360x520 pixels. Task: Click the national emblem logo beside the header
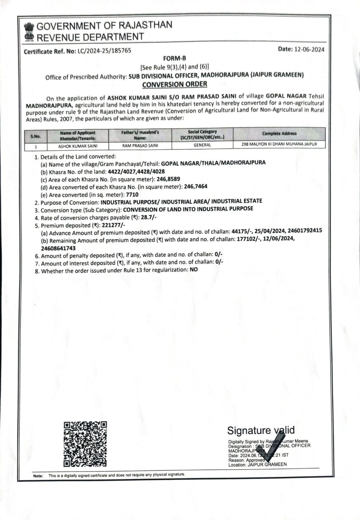point(29,32)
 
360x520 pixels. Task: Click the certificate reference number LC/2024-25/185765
point(104,51)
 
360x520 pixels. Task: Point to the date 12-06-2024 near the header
point(309,49)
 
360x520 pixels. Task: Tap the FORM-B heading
point(174,58)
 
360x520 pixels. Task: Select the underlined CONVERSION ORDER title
point(174,84)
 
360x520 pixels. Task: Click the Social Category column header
point(202,135)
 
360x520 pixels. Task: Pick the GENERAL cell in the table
point(202,145)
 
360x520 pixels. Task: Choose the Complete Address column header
point(279,134)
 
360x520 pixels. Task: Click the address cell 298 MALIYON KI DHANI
point(279,144)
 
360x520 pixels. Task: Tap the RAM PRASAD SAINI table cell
point(140,146)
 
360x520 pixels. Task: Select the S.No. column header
point(36,136)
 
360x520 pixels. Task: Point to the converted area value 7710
point(132,195)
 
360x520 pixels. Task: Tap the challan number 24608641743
point(58,248)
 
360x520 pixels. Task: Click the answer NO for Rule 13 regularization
point(194,270)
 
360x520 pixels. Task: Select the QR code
point(85,444)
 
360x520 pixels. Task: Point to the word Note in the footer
point(38,476)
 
